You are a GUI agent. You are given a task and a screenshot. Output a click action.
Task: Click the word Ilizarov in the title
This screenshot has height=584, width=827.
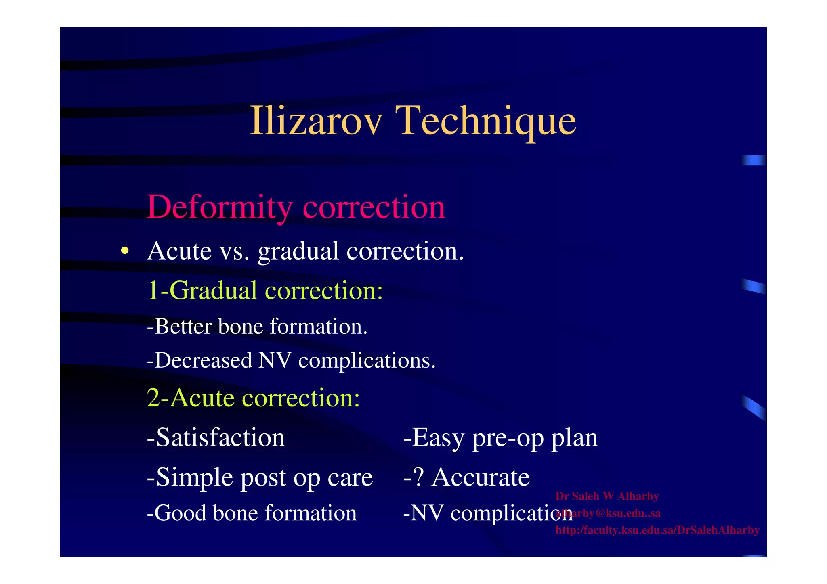click(316, 121)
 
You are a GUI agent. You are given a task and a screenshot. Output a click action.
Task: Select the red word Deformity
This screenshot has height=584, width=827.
click(220, 207)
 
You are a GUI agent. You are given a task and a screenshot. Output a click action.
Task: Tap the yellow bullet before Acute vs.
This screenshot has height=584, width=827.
click(125, 251)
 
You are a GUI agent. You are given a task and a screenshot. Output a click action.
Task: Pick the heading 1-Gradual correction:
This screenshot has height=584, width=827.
click(265, 290)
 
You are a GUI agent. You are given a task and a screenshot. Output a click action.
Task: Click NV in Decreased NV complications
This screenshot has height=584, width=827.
click(275, 360)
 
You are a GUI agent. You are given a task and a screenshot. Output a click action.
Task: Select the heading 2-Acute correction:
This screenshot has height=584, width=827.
click(253, 398)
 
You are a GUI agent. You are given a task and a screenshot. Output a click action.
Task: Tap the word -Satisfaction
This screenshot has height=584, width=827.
click(216, 437)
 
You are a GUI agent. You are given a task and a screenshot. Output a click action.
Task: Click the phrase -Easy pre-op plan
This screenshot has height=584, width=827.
click(500, 438)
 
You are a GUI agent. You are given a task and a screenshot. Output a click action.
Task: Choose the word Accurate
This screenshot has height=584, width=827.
click(481, 477)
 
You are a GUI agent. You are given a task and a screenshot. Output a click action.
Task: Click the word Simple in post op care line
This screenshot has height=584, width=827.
click(194, 477)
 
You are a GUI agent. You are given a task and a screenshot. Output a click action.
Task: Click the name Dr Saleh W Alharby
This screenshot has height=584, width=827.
click(607, 496)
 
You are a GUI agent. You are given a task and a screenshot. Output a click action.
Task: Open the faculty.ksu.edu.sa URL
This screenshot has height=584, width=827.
click(657, 530)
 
